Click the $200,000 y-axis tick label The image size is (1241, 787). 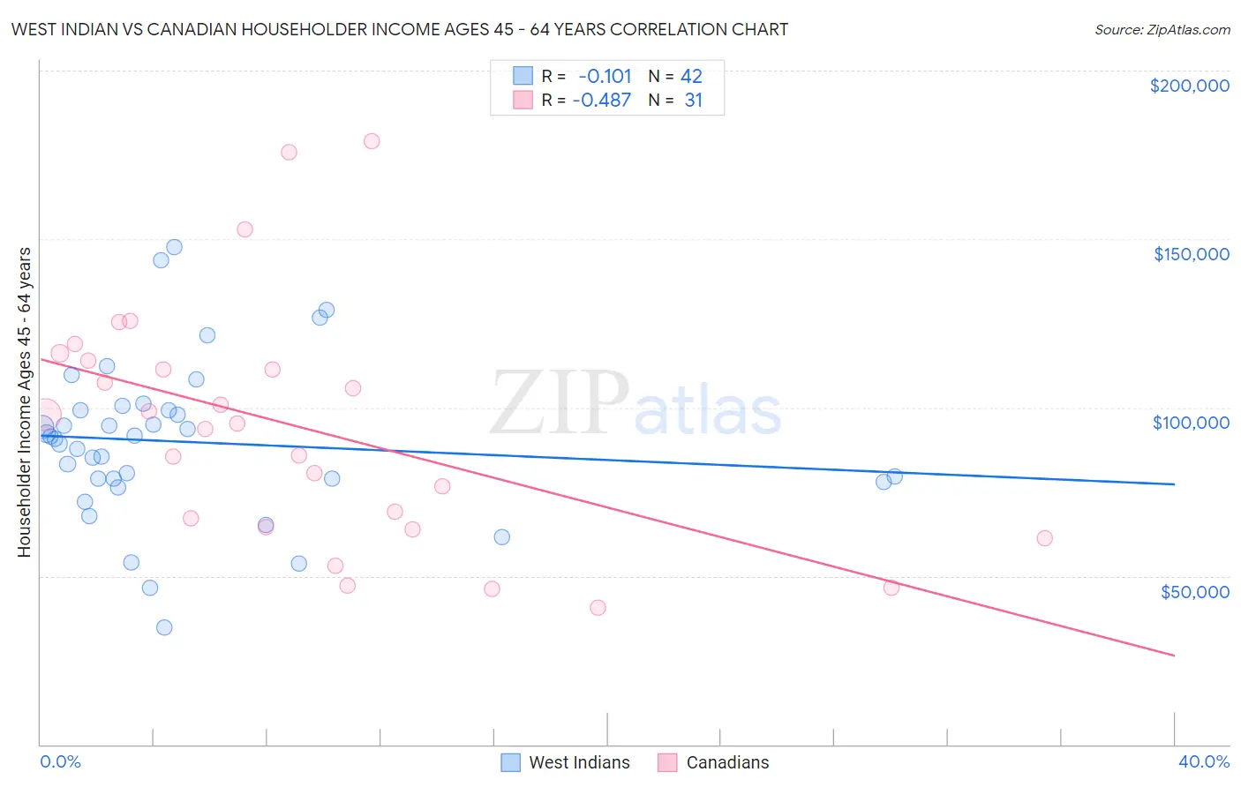[x=1189, y=86]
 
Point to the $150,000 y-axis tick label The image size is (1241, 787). [x=1191, y=254]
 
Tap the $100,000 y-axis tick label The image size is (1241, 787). [x=1191, y=423]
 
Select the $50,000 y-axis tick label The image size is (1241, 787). [x=1194, y=591]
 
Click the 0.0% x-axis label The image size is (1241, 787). [x=60, y=761]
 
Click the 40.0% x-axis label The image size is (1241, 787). [x=1203, y=761]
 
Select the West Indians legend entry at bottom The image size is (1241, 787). [x=566, y=762]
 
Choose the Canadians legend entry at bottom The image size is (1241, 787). [x=714, y=762]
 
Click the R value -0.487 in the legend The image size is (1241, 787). [x=601, y=101]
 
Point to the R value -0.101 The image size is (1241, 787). [x=605, y=77]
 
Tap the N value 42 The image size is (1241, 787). [x=691, y=77]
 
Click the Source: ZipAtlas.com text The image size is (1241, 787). [x=1162, y=30]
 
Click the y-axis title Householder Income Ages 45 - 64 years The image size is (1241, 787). [x=25, y=402]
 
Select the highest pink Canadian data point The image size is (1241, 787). [x=372, y=141]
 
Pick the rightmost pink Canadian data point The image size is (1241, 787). [x=1044, y=538]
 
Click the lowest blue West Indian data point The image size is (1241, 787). [x=164, y=627]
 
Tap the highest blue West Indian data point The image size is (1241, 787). [x=174, y=247]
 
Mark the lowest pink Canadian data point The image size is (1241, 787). [x=598, y=607]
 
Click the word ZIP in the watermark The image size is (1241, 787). [x=559, y=404]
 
